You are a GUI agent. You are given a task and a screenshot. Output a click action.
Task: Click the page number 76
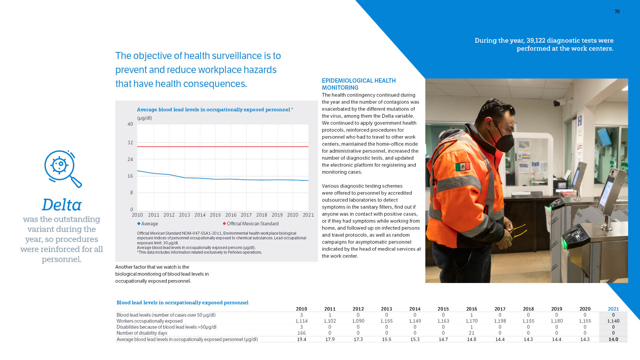coord(617,12)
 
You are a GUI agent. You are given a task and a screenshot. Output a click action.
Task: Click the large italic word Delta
coord(62,205)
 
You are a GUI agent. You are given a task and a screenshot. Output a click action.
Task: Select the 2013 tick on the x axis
coord(184,215)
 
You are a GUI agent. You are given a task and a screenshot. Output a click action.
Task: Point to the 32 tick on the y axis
coord(130,143)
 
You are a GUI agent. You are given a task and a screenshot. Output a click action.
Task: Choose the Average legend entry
coord(147,224)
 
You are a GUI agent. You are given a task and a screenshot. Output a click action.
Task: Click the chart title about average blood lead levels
coord(213,110)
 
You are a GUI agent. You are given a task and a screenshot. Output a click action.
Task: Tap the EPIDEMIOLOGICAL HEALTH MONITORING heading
coord(359,84)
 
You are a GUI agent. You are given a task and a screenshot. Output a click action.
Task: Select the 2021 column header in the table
coord(613,309)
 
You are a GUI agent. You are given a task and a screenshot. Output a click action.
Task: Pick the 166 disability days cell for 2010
coord(301,333)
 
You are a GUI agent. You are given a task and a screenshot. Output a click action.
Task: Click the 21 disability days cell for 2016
coord(471,333)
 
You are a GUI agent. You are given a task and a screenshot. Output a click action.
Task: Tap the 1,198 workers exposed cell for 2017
coord(500,321)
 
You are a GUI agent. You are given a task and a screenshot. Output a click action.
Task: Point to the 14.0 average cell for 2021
coord(613,339)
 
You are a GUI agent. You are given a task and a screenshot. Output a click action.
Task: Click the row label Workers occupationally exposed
coord(149,321)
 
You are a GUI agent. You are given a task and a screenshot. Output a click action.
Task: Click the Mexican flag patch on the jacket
coord(462,167)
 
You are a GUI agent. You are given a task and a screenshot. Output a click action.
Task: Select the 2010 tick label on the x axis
coord(137,215)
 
